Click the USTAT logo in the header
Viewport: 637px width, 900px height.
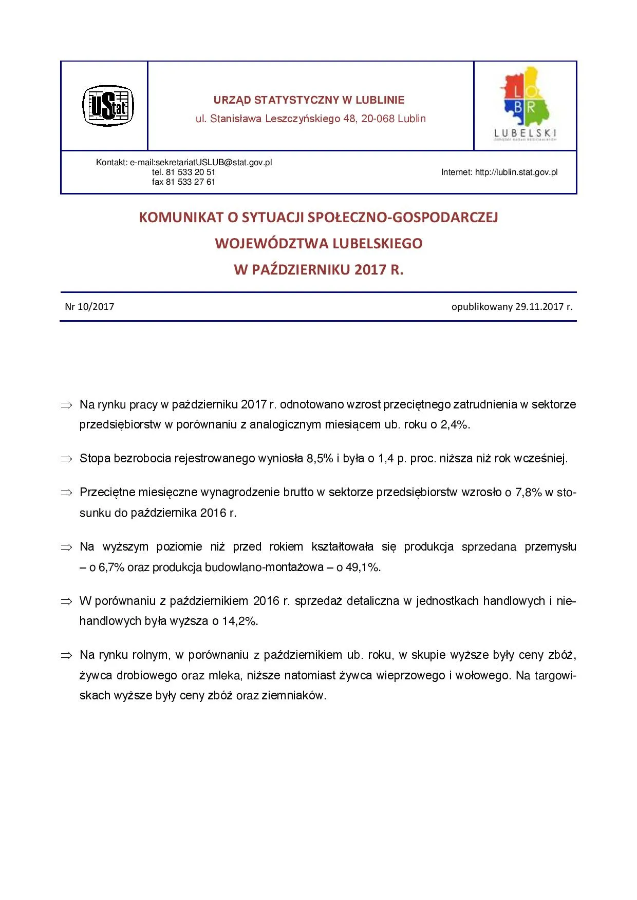point(108,106)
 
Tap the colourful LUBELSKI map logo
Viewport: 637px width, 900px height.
point(525,103)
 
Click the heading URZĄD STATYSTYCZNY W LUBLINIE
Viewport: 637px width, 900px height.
point(309,100)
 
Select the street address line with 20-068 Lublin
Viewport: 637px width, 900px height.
point(310,119)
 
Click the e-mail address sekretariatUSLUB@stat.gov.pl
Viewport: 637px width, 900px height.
point(214,163)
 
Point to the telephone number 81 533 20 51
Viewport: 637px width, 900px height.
point(190,172)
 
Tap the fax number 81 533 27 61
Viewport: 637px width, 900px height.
point(190,182)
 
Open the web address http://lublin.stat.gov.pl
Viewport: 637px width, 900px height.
point(516,172)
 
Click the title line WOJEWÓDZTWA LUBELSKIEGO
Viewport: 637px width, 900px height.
point(318,243)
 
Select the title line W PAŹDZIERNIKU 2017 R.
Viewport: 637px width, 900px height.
point(318,269)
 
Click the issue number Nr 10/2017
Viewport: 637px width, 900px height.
point(89,307)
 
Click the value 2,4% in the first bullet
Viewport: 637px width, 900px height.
point(455,425)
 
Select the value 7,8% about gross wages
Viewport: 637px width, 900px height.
point(528,493)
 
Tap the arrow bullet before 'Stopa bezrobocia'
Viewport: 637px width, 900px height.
point(66,459)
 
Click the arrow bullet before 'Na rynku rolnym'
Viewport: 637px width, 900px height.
point(66,656)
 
